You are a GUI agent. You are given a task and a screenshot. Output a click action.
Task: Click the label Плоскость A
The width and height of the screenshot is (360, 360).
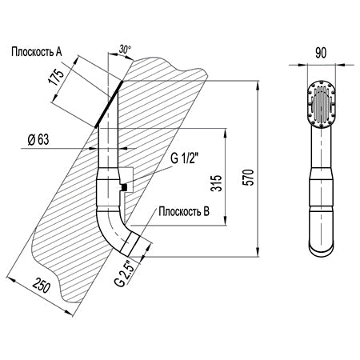(x=37, y=52)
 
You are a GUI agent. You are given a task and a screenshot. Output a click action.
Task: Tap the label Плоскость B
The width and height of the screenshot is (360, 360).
(x=184, y=211)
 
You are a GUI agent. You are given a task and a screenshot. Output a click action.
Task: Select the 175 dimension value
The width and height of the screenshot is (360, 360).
(x=57, y=77)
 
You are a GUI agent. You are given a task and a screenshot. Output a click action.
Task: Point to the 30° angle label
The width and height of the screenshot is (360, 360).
(x=125, y=50)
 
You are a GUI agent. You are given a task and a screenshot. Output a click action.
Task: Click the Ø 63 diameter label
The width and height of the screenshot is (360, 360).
(x=38, y=139)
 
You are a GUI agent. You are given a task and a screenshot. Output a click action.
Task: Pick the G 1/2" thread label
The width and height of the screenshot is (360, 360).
(x=184, y=159)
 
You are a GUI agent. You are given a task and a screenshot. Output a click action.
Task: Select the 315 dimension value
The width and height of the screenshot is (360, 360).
(x=216, y=183)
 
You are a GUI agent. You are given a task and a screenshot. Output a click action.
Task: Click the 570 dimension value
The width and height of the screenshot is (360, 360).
(x=248, y=178)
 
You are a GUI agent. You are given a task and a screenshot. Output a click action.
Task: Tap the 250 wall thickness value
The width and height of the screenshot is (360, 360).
(x=42, y=286)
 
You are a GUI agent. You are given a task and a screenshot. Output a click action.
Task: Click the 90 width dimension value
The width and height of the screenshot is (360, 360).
(x=321, y=53)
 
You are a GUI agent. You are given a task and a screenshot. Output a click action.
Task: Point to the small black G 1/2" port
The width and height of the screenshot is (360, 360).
(x=123, y=188)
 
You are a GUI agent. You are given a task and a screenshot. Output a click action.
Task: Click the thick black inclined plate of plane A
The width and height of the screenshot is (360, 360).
(x=109, y=104)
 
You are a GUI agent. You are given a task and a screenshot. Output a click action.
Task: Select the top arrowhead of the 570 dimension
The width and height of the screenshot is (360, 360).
(x=258, y=86)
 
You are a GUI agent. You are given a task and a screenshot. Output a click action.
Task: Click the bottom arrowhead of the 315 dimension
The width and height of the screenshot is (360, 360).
(x=226, y=220)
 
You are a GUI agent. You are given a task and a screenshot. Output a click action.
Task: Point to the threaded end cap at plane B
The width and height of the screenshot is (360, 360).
(x=130, y=243)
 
